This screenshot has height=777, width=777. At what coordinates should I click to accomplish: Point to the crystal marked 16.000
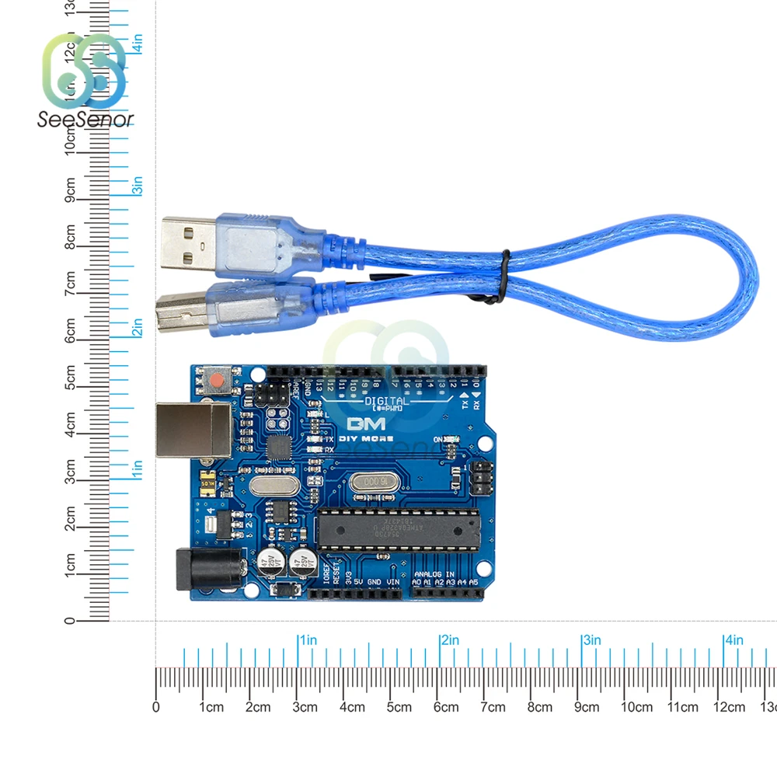click(371, 482)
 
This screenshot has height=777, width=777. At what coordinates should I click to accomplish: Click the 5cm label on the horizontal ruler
click(399, 707)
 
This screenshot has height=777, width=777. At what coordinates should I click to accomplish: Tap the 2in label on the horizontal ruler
click(449, 640)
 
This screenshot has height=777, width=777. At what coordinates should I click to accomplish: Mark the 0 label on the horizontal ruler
click(156, 707)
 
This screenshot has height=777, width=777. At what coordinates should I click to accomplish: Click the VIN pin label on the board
click(394, 581)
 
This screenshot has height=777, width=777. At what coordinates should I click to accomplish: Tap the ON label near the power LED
click(440, 440)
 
